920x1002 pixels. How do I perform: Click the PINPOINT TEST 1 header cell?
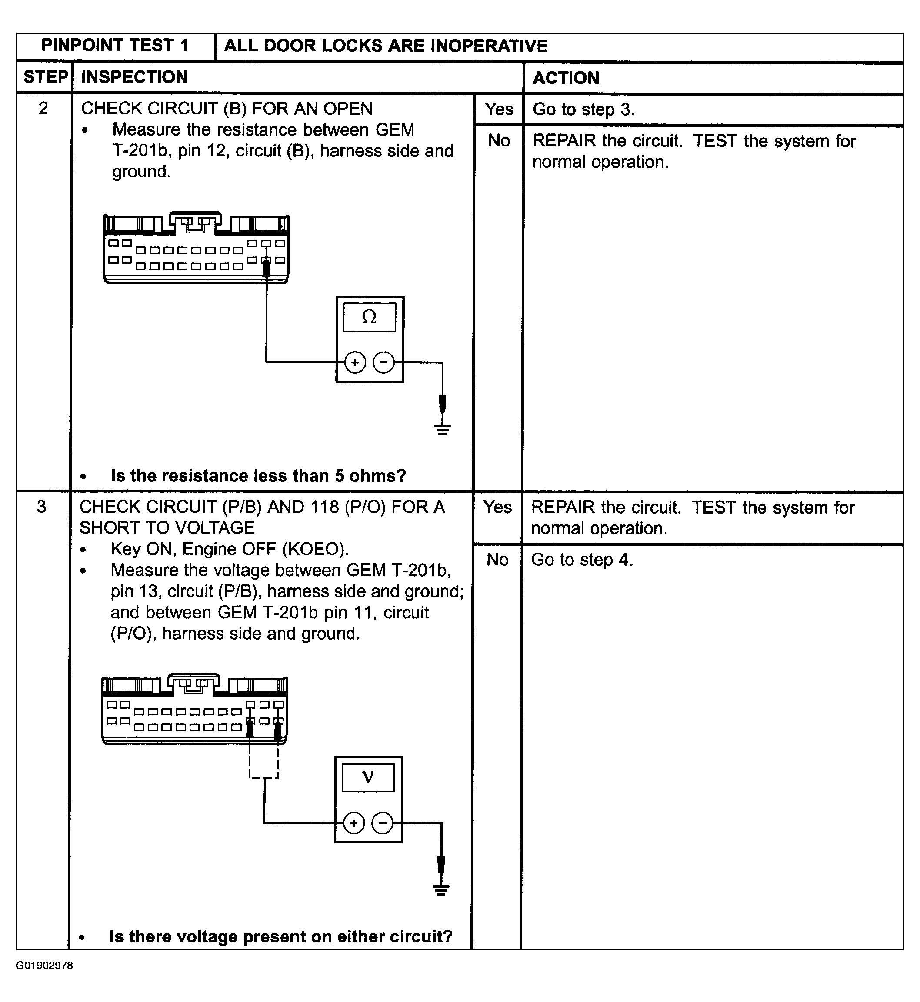click(115, 46)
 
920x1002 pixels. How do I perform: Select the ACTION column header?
click(566, 78)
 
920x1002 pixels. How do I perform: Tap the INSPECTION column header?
click(134, 77)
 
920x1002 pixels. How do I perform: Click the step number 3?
click(42, 507)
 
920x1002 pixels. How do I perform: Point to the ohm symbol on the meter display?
click(370, 317)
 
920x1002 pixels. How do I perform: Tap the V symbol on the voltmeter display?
click(368, 777)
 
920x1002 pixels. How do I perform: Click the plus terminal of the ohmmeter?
click(355, 362)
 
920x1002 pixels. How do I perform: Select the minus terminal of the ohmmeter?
click(383, 362)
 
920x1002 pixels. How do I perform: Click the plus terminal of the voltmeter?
click(353, 823)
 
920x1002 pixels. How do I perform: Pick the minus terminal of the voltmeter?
click(382, 823)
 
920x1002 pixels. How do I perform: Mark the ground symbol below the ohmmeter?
click(443, 428)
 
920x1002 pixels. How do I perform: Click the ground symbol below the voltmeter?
click(441, 889)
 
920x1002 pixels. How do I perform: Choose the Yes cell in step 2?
click(499, 109)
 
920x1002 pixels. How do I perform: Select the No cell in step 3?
click(497, 560)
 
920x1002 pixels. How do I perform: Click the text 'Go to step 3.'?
click(583, 109)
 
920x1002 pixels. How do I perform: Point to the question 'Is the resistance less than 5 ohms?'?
click(258, 476)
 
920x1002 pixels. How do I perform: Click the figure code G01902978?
click(44, 966)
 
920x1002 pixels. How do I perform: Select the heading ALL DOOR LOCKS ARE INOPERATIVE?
click(386, 46)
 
